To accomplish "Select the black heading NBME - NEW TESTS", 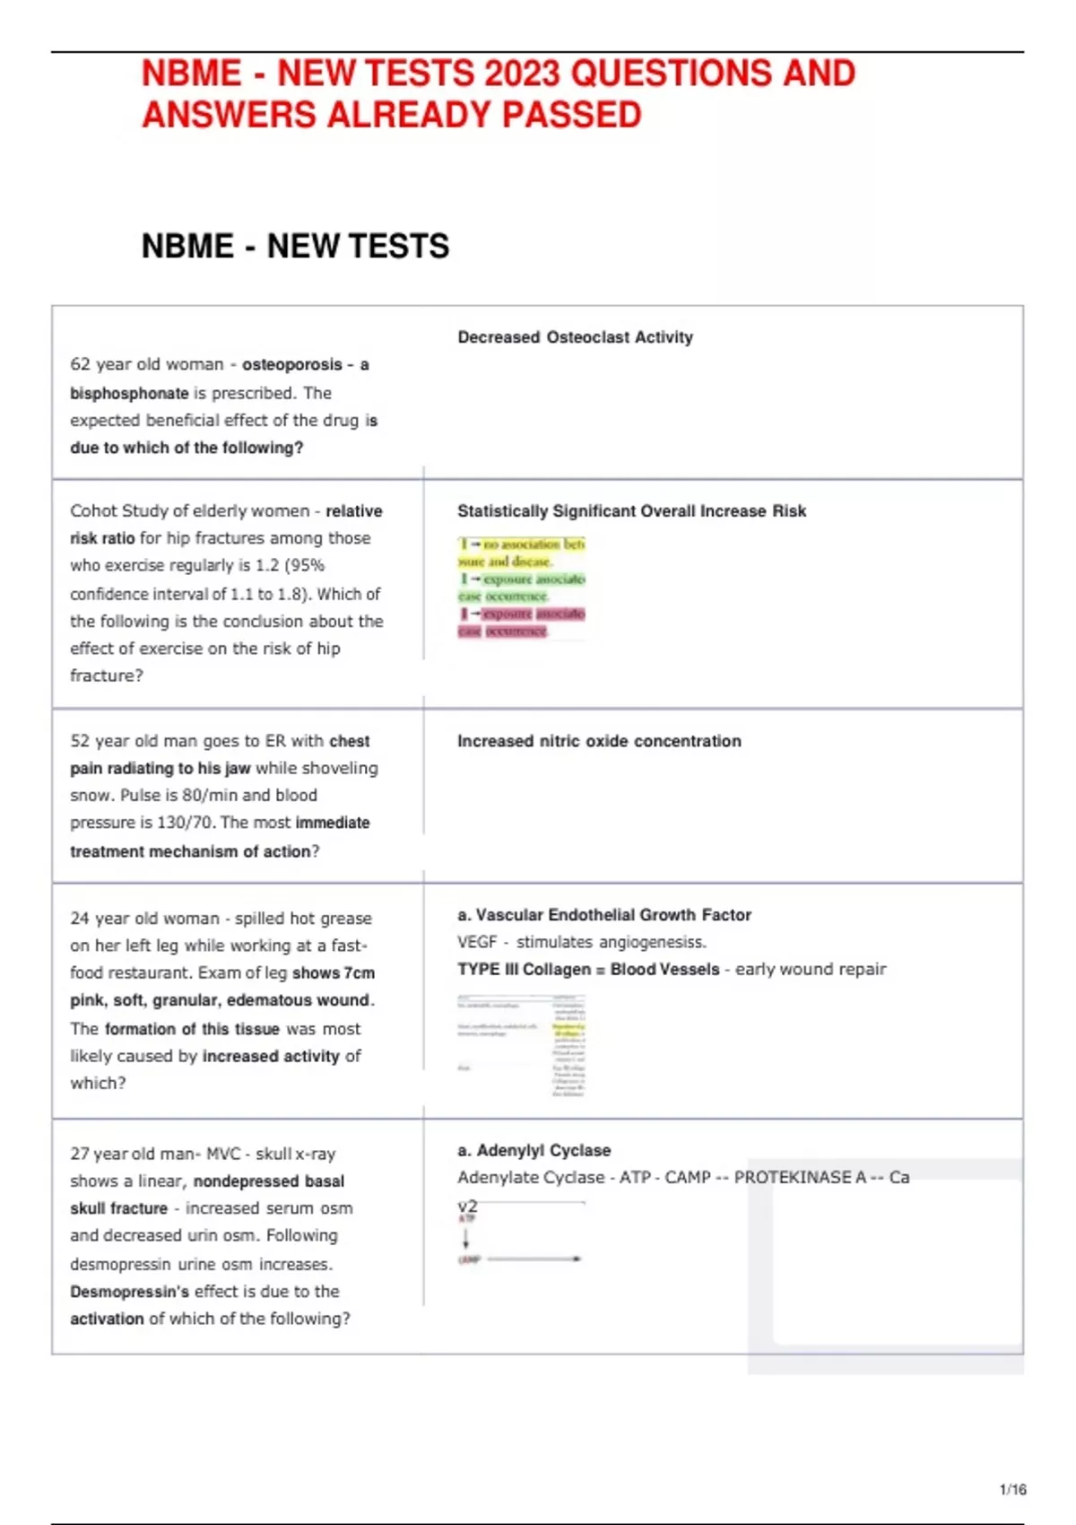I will point(295,246).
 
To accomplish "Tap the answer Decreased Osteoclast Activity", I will point(575,337).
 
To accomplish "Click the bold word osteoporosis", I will point(291,364).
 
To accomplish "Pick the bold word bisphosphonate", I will point(129,393).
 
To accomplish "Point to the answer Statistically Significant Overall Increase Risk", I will point(631,510).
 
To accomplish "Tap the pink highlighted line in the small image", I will point(521,614).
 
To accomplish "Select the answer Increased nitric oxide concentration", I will point(599,741).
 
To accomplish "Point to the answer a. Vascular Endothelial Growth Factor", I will point(604,915).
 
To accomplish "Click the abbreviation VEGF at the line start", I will point(476,942).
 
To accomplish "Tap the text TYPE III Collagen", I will point(524,970).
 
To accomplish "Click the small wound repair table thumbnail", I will point(521,1046).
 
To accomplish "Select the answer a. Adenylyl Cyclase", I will point(534,1150).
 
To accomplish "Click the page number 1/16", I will point(1012,1490).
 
